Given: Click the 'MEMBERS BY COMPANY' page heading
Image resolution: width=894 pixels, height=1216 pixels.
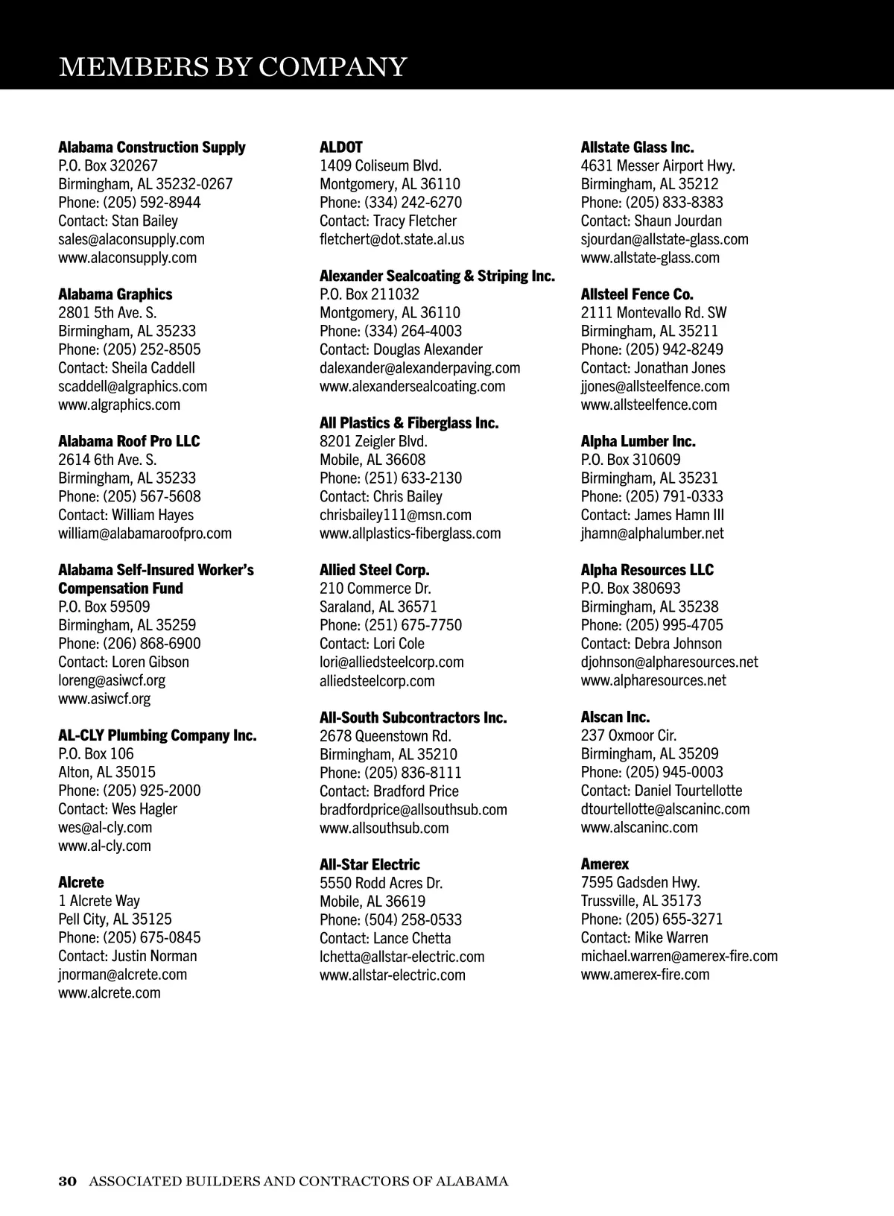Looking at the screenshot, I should coord(232,67).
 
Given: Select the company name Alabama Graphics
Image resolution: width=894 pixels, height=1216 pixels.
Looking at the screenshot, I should coord(115,294).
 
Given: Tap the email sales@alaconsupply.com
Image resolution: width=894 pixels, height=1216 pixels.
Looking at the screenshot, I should coord(131,239).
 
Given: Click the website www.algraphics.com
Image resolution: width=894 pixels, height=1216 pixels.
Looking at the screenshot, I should coord(119,405).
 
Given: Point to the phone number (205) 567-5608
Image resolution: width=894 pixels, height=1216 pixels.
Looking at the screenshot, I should coord(151,496).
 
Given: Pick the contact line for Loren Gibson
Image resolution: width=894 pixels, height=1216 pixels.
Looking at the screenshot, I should coord(124,662).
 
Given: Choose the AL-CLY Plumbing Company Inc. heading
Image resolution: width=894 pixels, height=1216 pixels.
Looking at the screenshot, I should coord(157,735).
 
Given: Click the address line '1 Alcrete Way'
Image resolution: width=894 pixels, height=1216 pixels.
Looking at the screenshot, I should coord(99,901).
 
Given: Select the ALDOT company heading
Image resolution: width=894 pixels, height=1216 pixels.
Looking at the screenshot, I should coord(340,147).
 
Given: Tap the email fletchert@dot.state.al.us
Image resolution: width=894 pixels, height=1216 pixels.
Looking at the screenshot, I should coord(392,239).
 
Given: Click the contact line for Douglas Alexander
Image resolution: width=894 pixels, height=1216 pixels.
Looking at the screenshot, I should coord(401,349).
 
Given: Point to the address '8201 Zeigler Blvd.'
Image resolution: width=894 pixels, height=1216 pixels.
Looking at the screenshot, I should coord(372,441).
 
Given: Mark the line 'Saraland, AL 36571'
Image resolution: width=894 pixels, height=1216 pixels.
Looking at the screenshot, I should coord(378,607).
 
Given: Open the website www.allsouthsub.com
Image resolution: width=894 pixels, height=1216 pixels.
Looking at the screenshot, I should coord(384,828).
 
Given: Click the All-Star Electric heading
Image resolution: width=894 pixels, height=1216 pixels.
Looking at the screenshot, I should coord(370,864).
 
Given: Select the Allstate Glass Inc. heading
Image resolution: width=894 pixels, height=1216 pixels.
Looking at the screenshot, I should coord(637,147).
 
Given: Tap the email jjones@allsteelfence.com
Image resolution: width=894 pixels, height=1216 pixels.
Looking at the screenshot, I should coord(655,386).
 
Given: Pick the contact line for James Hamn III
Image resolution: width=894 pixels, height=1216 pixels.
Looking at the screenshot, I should coord(652,515).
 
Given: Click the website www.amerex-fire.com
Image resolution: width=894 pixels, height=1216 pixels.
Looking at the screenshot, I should coord(645,975).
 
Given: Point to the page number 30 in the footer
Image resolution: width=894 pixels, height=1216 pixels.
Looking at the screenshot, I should coord(68,1181).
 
